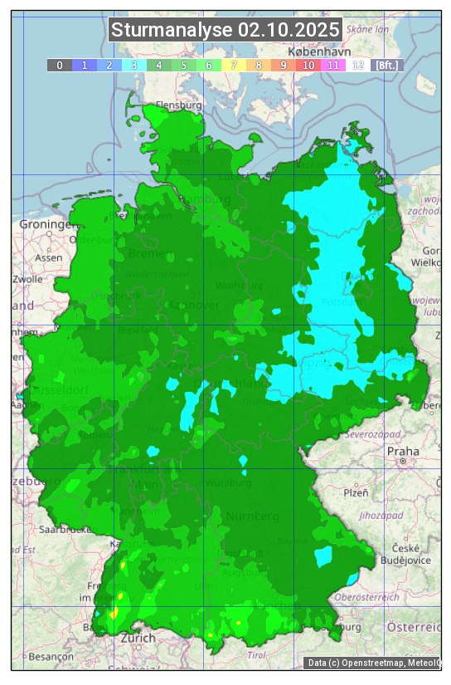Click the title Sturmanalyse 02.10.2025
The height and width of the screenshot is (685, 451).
225,31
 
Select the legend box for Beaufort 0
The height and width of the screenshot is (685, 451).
59,65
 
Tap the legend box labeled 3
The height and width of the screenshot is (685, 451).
133,65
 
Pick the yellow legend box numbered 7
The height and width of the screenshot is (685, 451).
233,65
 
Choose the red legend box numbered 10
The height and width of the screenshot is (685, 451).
308,65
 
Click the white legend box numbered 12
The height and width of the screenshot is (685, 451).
357,65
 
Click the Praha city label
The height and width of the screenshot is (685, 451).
403,451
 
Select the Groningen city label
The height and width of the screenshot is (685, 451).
46,225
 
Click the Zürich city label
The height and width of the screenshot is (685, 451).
138,638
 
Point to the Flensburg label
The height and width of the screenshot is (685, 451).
178,105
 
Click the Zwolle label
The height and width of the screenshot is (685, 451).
27,279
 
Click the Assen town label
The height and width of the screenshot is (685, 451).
49,257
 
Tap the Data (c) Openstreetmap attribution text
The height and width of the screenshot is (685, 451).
373,663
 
